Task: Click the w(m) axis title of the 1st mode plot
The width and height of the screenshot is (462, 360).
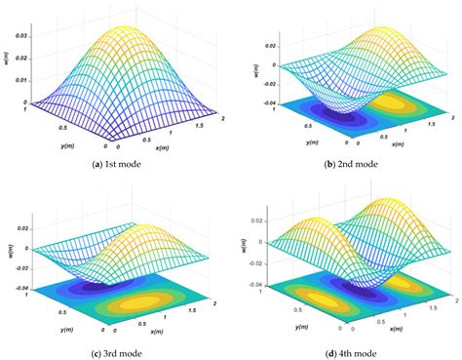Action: pyautogui.click(x=7, y=64)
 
